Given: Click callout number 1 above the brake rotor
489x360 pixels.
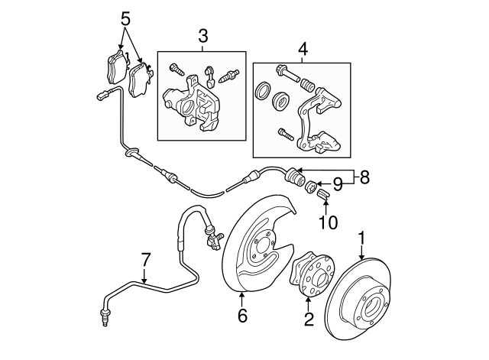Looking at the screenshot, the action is [361, 238].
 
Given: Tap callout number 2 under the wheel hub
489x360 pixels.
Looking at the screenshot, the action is [309, 319].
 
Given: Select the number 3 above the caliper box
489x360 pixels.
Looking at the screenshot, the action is [202, 36].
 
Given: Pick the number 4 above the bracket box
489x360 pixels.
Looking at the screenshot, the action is [303, 49].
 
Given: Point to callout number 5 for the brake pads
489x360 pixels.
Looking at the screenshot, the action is [125, 19].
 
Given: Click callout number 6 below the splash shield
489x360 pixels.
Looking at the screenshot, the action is [242, 316].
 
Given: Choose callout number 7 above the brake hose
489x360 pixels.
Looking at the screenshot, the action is [146, 260].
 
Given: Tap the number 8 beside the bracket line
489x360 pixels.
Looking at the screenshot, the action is [364, 177].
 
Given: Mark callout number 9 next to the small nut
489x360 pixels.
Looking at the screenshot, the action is [337, 184].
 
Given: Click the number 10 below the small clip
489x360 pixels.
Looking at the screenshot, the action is [328, 222].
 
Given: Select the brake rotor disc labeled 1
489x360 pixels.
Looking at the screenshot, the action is [358, 299].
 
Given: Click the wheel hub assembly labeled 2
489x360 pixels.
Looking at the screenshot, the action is [311, 274].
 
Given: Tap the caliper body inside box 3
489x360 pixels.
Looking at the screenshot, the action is [192, 103].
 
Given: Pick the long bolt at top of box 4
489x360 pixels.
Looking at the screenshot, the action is [288, 73].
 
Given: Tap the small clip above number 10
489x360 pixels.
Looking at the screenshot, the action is [323, 194].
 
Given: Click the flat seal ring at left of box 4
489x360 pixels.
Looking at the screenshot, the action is [263, 90].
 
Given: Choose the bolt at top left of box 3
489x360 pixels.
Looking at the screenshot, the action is [176, 70].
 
